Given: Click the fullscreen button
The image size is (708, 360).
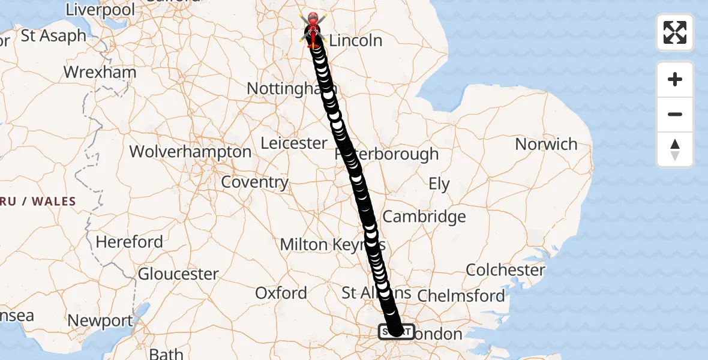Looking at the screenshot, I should [675, 32].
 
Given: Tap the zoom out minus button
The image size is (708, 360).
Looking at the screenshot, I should [675, 115].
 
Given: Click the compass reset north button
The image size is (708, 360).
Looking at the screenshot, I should [675, 149].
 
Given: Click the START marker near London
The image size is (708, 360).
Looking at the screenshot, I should [395, 331].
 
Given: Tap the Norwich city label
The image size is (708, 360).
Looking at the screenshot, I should [546, 145].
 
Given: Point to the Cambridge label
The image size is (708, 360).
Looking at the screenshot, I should [424, 217].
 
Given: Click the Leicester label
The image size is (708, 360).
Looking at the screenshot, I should [294, 143].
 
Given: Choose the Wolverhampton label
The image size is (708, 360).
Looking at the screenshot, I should [190, 152].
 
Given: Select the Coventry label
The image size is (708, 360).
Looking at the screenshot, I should [255, 182].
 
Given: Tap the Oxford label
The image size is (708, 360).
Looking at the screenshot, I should [281, 293].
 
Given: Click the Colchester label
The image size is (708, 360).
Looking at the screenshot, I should [506, 270].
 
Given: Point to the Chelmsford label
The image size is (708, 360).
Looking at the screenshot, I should [461, 295].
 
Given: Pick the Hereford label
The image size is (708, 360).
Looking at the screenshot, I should [129, 242].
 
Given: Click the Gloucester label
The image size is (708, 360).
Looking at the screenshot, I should [178, 274].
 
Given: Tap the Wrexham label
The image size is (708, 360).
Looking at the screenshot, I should [100, 73].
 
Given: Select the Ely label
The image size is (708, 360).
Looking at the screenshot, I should [439, 184].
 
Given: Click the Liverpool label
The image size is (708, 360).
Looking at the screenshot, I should [100, 10].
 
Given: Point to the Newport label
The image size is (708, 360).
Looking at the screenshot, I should [100, 321].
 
